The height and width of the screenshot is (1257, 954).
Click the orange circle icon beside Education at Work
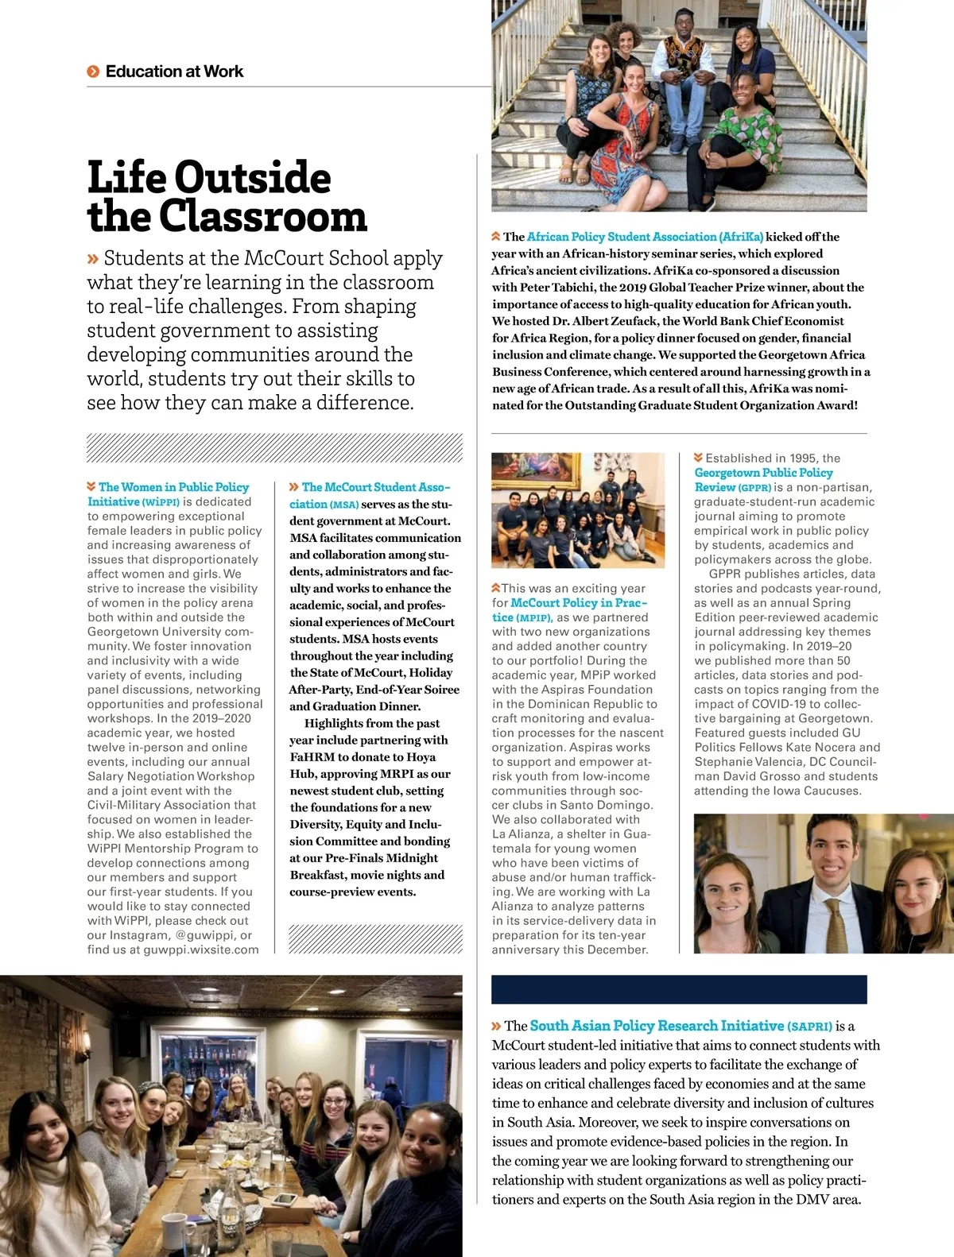click(93, 72)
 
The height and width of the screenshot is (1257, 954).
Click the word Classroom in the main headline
click(262, 217)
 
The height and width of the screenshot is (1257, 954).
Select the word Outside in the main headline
click(252, 177)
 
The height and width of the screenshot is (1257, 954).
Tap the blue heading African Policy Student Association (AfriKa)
click(645, 237)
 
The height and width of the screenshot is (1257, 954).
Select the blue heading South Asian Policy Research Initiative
click(657, 1026)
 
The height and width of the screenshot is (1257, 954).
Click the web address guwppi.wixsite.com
click(201, 950)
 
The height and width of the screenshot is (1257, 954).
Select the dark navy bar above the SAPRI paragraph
click(679, 989)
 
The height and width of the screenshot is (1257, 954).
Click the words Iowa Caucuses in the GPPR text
click(824, 791)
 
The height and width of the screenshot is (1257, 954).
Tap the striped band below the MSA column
click(375, 938)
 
